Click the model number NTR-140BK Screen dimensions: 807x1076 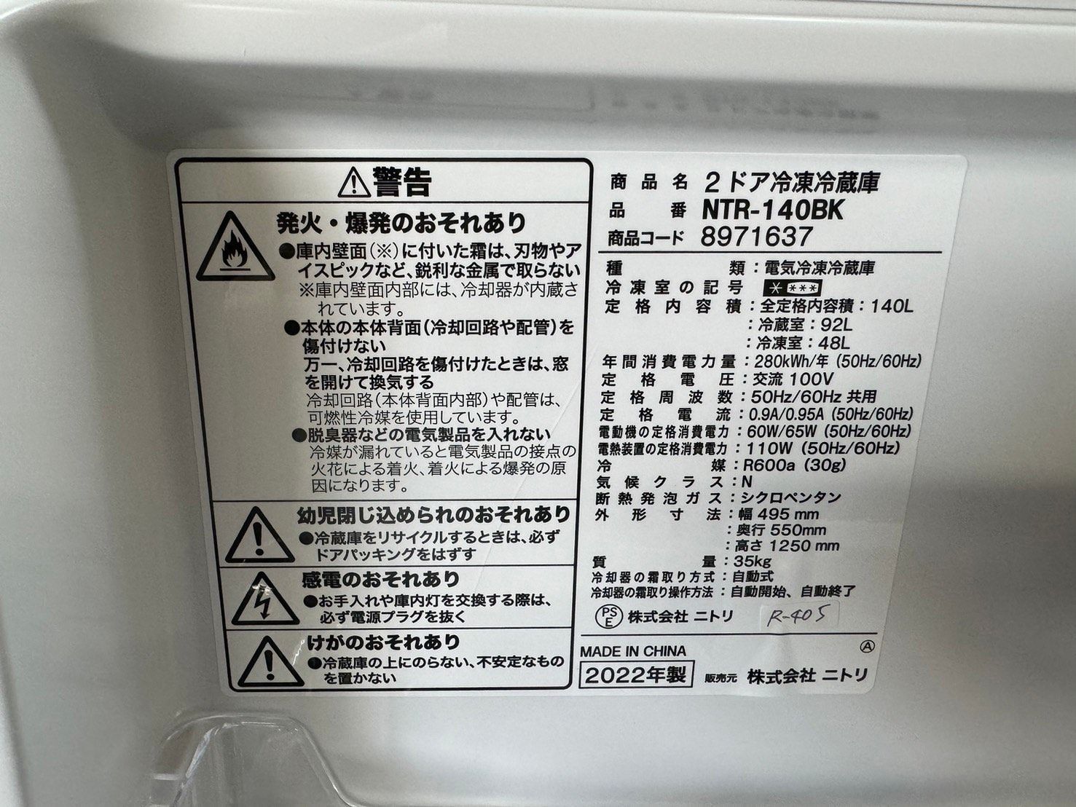(x=772, y=210)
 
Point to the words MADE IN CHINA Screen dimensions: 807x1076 (x=633, y=650)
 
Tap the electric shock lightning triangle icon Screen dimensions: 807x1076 (x=264, y=599)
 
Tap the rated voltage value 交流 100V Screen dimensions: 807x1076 (x=788, y=379)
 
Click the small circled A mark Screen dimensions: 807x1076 (x=865, y=646)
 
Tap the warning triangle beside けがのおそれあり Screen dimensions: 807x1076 (x=270, y=661)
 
